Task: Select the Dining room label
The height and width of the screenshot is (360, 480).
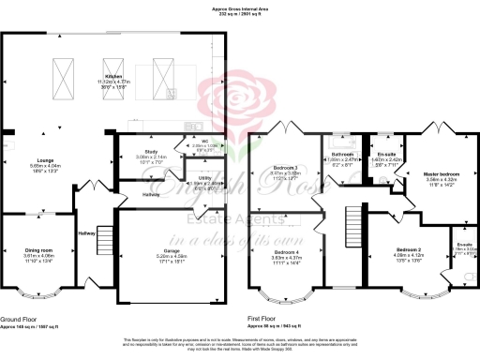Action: (38, 250)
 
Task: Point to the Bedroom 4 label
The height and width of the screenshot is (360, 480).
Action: (287, 252)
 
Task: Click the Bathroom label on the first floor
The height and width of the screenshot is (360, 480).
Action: (341, 154)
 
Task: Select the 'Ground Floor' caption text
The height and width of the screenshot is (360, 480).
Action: (19, 320)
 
